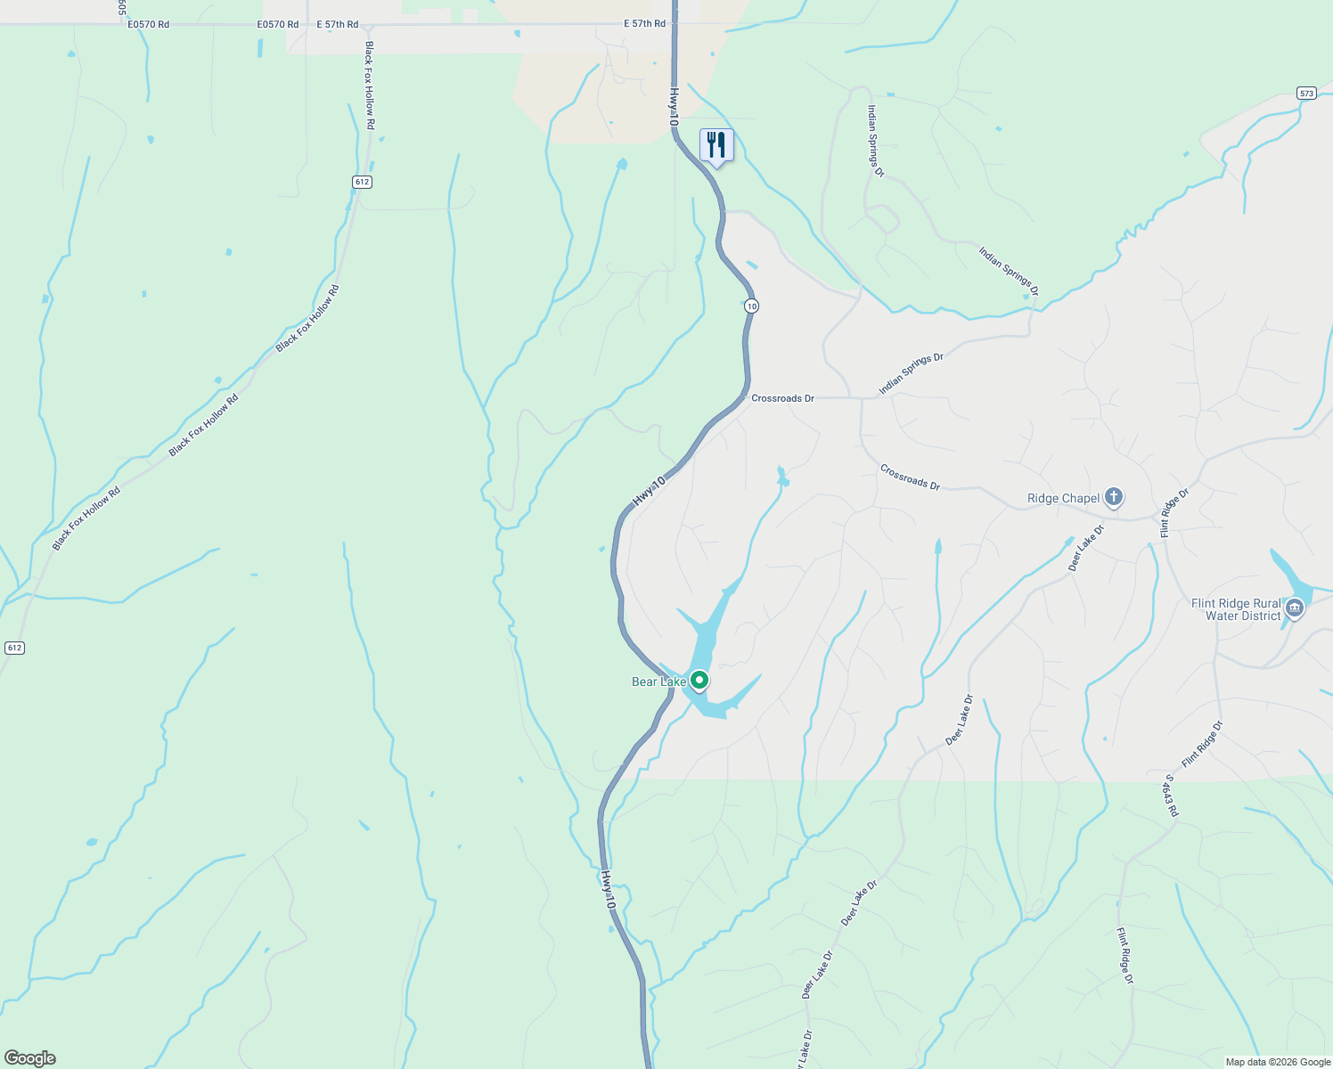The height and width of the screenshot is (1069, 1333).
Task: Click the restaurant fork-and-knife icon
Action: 716,145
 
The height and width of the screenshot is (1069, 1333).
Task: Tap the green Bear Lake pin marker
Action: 699,681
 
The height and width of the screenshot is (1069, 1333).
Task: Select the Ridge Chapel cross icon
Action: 1113,497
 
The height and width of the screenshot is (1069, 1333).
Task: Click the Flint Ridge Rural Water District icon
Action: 1295,609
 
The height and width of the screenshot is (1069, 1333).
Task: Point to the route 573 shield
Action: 1306,93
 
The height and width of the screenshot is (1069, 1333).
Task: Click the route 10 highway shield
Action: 752,306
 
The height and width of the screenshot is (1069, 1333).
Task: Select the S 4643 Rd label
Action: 1171,796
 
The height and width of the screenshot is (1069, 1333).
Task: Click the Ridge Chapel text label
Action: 1063,498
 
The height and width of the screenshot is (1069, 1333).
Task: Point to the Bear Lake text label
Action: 658,681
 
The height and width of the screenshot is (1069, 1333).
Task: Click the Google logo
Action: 29,1058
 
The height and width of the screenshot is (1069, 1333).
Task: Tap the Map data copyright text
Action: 1278,1062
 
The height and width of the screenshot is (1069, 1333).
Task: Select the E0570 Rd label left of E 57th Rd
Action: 278,24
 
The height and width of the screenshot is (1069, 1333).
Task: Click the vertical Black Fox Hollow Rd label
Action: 369,86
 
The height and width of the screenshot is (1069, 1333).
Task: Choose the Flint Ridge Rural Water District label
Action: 1236,609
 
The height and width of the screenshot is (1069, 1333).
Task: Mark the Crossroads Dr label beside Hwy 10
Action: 782,398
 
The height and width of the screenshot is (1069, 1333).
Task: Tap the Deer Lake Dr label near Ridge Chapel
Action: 1086,548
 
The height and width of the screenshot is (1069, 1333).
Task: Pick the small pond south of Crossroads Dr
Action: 782,477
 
